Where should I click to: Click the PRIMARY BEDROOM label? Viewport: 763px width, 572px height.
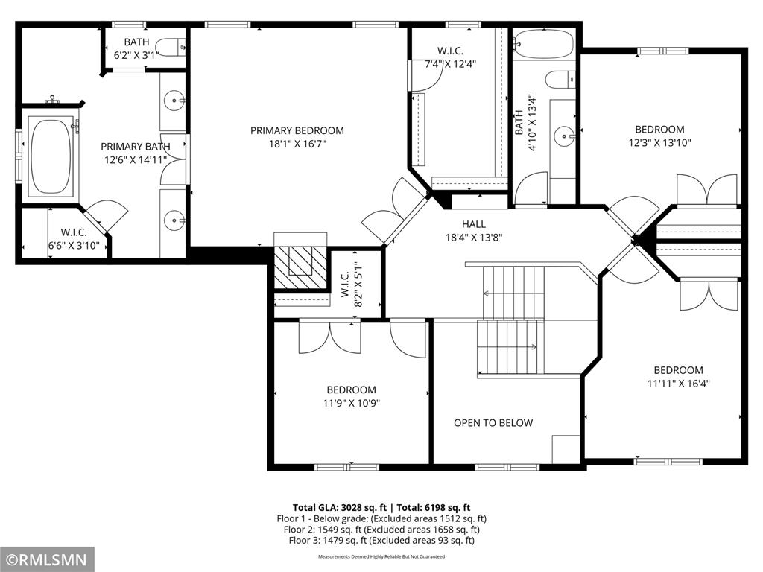297,131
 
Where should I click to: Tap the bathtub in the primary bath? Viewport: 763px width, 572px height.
51,156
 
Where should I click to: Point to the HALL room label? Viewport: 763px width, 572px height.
473,224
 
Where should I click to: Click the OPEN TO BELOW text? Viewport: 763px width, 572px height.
493,423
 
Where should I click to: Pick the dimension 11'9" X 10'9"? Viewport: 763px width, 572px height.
351,403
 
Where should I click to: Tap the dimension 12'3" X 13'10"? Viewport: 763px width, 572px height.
659,142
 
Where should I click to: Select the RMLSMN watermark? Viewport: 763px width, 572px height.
47,559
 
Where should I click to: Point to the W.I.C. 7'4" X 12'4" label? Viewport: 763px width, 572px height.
450,57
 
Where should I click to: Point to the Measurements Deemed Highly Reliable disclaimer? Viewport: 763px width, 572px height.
381,556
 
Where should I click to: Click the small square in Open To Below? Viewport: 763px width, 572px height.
566,449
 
